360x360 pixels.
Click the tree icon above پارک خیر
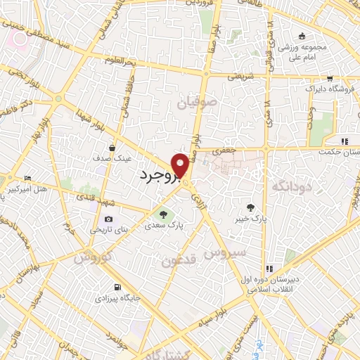(250, 206)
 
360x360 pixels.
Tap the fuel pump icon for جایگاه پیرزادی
(115, 287)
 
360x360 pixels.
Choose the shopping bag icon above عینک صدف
(112, 148)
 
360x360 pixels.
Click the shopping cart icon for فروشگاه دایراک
(329, 79)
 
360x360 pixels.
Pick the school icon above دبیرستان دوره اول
(269, 269)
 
